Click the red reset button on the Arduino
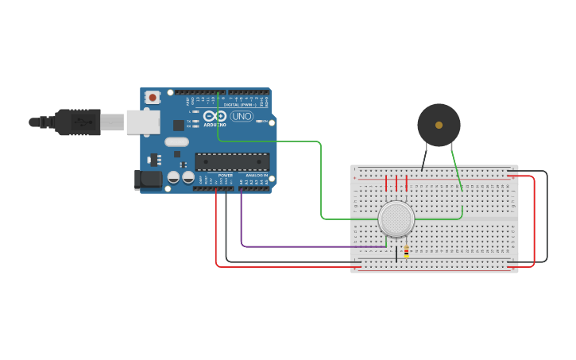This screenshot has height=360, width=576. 153,98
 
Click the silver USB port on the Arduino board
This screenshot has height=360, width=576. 143,122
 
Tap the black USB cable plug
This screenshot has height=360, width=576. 78,122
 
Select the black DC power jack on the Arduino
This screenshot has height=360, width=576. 148,180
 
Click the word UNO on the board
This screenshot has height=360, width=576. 242,117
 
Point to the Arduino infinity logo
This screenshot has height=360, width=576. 215,116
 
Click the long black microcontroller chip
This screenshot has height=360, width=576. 232,161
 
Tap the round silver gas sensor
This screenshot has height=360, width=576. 396,219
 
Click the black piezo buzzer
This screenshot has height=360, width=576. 439,125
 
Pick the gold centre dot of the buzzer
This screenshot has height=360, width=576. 439,125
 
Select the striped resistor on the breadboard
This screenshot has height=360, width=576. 407,251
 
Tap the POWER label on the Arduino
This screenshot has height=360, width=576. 226,175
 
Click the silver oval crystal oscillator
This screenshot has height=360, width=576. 176,142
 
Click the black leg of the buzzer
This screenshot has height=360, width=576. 424,159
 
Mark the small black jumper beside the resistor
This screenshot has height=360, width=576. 396,254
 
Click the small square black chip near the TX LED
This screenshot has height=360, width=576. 179,125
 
